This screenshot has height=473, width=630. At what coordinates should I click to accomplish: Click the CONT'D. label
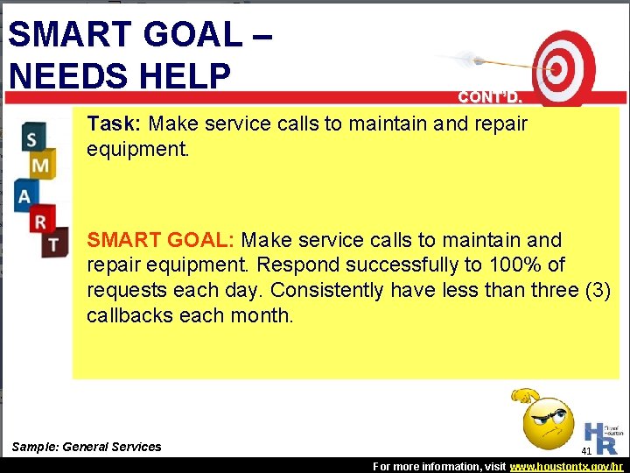(488, 97)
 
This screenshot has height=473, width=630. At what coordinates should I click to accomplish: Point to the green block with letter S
(32, 138)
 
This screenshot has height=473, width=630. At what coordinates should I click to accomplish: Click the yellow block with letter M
(40, 164)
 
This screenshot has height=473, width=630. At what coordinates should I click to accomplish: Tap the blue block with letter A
(25, 194)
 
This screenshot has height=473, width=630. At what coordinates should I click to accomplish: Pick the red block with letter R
(40, 220)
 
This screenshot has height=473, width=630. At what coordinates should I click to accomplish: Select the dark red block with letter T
(53, 243)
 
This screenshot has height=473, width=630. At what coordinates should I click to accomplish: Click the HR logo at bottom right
(605, 434)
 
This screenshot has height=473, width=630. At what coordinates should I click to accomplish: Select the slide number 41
(586, 451)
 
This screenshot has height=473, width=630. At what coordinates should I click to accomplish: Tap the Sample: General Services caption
(87, 447)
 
